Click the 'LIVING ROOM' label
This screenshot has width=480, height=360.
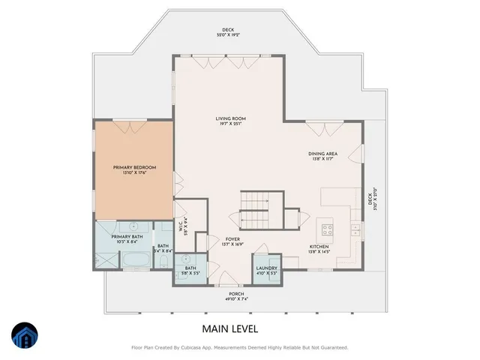coord(231,118)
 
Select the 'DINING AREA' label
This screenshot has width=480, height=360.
coord(322,154)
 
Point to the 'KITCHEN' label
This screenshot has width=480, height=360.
coord(320,247)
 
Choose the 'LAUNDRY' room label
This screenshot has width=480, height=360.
coord(266,268)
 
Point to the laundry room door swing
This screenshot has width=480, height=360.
coord(262,252)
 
